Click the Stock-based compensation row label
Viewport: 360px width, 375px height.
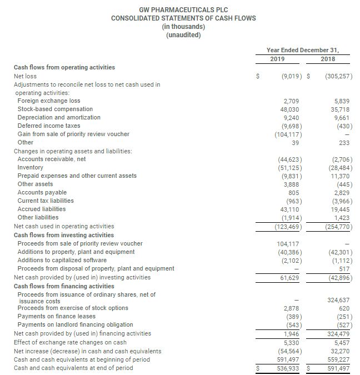tap(55, 109)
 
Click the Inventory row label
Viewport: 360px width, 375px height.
tap(31, 167)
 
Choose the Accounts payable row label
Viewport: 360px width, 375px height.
tap(42, 192)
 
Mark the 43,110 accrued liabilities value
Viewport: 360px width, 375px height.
tap(288, 209)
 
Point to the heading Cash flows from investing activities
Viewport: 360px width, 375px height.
tap(64, 235)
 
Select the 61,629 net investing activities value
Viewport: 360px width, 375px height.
tap(288, 277)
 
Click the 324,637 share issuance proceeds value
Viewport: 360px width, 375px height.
tap(339, 301)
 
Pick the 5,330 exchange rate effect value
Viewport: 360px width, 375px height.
tap(290, 342)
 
